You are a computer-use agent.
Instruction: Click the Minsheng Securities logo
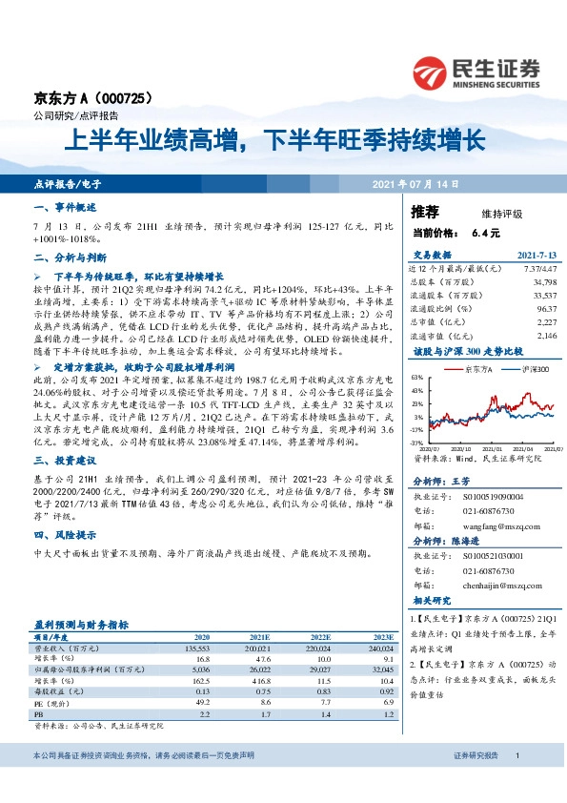[476, 72]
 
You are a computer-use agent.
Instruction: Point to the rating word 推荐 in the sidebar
[425, 211]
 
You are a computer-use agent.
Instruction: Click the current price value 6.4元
[485, 233]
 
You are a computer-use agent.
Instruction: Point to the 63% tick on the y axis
[417, 378]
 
